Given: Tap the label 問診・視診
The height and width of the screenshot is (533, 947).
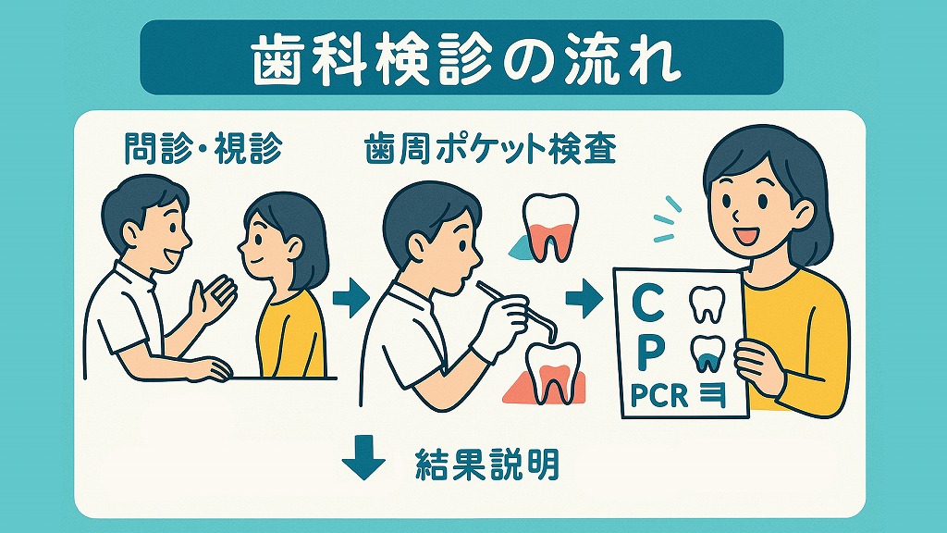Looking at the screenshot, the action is (x=203, y=149).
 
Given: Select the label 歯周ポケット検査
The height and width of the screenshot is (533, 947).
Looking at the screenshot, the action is (x=490, y=149).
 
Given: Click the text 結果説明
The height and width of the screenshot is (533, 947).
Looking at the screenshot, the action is (x=487, y=465).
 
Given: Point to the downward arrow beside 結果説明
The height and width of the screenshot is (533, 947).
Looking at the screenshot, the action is (x=363, y=457).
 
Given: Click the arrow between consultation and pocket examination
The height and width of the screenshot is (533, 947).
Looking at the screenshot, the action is (x=351, y=297).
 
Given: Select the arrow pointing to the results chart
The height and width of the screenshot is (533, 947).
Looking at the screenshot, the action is (x=584, y=298).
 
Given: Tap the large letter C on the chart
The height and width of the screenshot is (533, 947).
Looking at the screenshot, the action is (x=647, y=304).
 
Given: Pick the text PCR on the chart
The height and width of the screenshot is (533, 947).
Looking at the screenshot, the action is (x=658, y=396).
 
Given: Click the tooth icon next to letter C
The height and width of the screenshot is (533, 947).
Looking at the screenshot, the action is (x=707, y=304).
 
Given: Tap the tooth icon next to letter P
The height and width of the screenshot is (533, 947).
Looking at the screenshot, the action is (x=707, y=353).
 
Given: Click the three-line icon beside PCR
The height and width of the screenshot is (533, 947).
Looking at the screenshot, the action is (x=712, y=396).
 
